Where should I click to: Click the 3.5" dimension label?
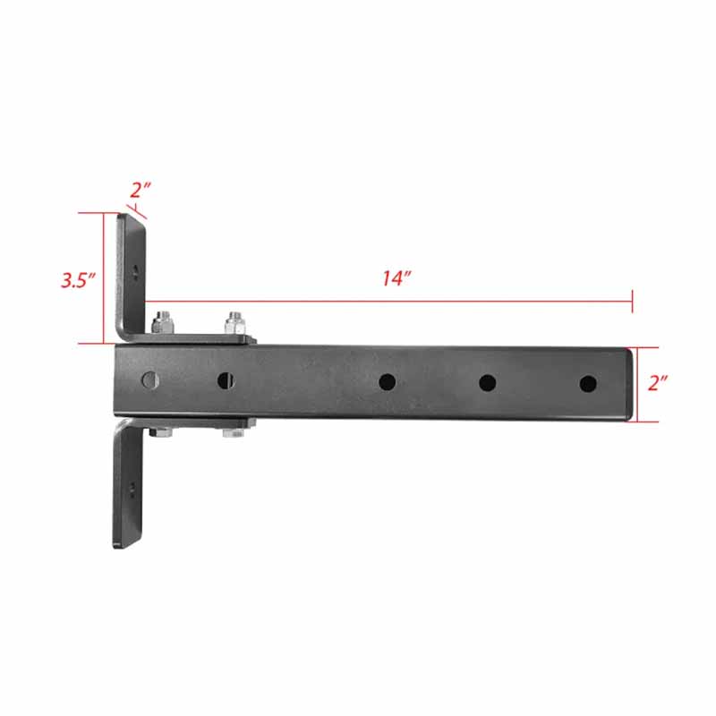[x=78, y=279]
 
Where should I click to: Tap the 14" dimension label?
[x=395, y=278]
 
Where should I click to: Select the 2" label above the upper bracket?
[x=141, y=191]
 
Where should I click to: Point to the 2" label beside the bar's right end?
[x=659, y=383]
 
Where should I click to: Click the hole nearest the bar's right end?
[x=587, y=383]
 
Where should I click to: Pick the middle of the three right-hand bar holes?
[x=487, y=383]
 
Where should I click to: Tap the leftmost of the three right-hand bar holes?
[x=387, y=382]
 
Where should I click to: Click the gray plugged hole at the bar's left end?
[x=149, y=379]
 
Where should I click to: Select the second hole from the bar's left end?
[x=226, y=380]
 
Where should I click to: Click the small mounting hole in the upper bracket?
[x=134, y=268]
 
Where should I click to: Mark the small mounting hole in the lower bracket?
[x=132, y=488]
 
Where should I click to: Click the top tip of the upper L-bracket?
[x=131, y=215]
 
